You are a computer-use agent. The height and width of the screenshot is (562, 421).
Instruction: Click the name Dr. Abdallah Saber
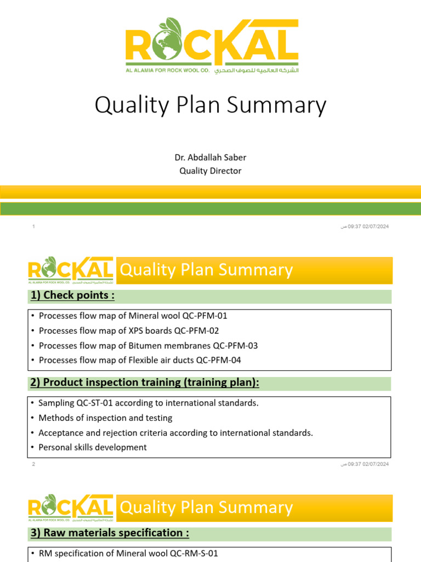coord(210,158)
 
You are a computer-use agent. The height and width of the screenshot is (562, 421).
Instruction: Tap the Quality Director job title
coord(210,171)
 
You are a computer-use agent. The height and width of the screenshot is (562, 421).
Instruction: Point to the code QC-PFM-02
coord(195,331)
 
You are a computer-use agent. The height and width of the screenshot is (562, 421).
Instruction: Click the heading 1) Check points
coord(72,296)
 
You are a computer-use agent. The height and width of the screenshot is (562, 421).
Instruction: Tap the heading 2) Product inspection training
coord(145,383)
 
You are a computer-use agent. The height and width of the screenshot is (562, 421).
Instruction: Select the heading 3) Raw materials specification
coord(109,533)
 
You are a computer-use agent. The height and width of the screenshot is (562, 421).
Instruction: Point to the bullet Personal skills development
coord(93,447)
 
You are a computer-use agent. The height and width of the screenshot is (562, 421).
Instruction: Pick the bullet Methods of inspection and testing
coord(105,418)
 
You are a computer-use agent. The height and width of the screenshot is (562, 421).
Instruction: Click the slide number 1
coord(34,227)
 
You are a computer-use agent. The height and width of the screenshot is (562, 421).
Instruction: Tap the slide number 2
coord(34,464)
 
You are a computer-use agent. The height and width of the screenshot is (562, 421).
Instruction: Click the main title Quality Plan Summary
coord(210,105)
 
